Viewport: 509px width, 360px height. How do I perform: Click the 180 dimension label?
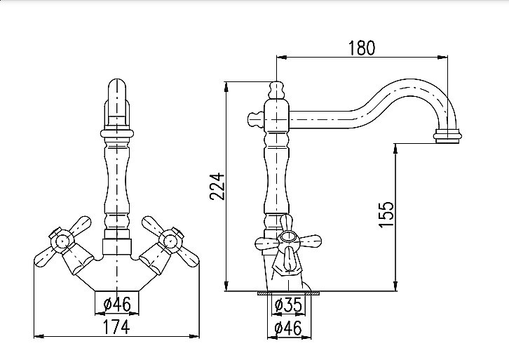pyautogui.click(x=362, y=48)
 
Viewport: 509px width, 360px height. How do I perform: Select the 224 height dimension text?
pyautogui.click(x=217, y=186)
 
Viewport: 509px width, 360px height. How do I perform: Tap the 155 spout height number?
pyautogui.click(x=386, y=215)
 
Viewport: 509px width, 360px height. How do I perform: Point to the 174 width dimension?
pyautogui.click(x=116, y=327)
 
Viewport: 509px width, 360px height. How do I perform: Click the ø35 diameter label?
pyautogui.click(x=288, y=305)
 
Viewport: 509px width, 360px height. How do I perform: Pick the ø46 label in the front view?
pyautogui.click(x=117, y=305)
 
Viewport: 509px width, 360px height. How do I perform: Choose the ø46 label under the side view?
pyautogui.click(x=288, y=328)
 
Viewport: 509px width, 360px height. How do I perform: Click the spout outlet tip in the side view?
pyautogui.click(x=447, y=136)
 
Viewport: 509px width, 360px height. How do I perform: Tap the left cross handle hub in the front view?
pyautogui.click(x=62, y=241)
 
